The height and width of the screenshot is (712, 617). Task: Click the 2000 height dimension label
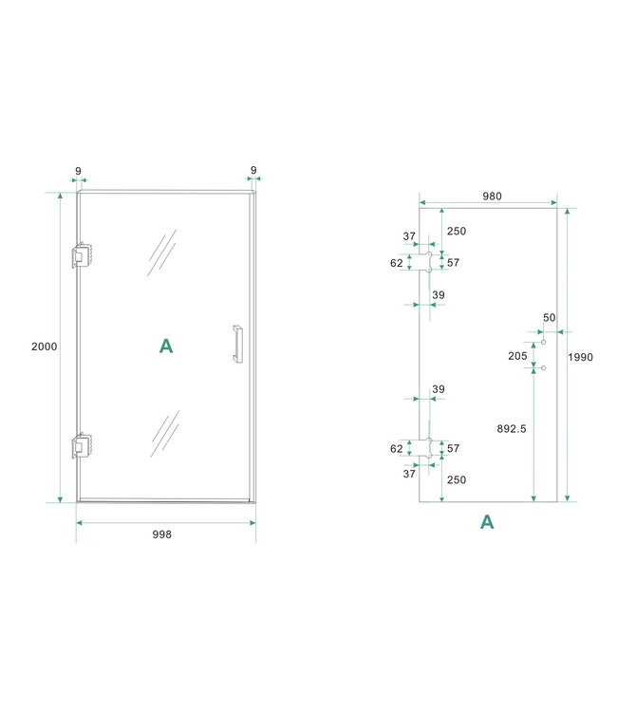click(44, 347)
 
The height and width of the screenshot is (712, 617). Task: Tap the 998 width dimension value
click(162, 534)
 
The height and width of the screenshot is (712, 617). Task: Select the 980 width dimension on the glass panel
click(491, 197)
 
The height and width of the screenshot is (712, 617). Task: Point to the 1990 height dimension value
click(580, 357)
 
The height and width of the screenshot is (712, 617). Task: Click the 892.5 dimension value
click(512, 429)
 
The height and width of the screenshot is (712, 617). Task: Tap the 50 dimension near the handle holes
click(549, 317)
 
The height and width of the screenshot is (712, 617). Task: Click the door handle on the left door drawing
click(236, 344)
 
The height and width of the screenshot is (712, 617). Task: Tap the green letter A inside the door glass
click(166, 347)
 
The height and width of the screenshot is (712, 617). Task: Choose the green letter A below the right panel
click(487, 521)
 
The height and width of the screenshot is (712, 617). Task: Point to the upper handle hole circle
click(543, 342)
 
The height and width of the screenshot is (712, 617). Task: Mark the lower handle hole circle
click(543, 366)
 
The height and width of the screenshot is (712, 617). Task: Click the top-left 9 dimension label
click(78, 172)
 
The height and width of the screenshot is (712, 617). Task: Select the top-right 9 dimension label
click(253, 172)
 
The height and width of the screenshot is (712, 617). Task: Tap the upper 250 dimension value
click(457, 232)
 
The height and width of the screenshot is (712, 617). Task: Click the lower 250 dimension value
click(457, 479)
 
